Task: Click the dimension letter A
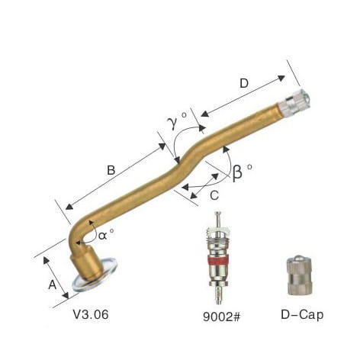[x=53, y=284]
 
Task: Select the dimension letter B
[x=111, y=170]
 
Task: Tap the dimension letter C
[x=214, y=195]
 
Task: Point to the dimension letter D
[x=244, y=83]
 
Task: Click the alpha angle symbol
[x=103, y=236]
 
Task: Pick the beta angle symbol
[x=237, y=173]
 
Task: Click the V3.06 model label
[x=91, y=314]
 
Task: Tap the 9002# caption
[x=221, y=317]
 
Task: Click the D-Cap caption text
[x=302, y=315]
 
